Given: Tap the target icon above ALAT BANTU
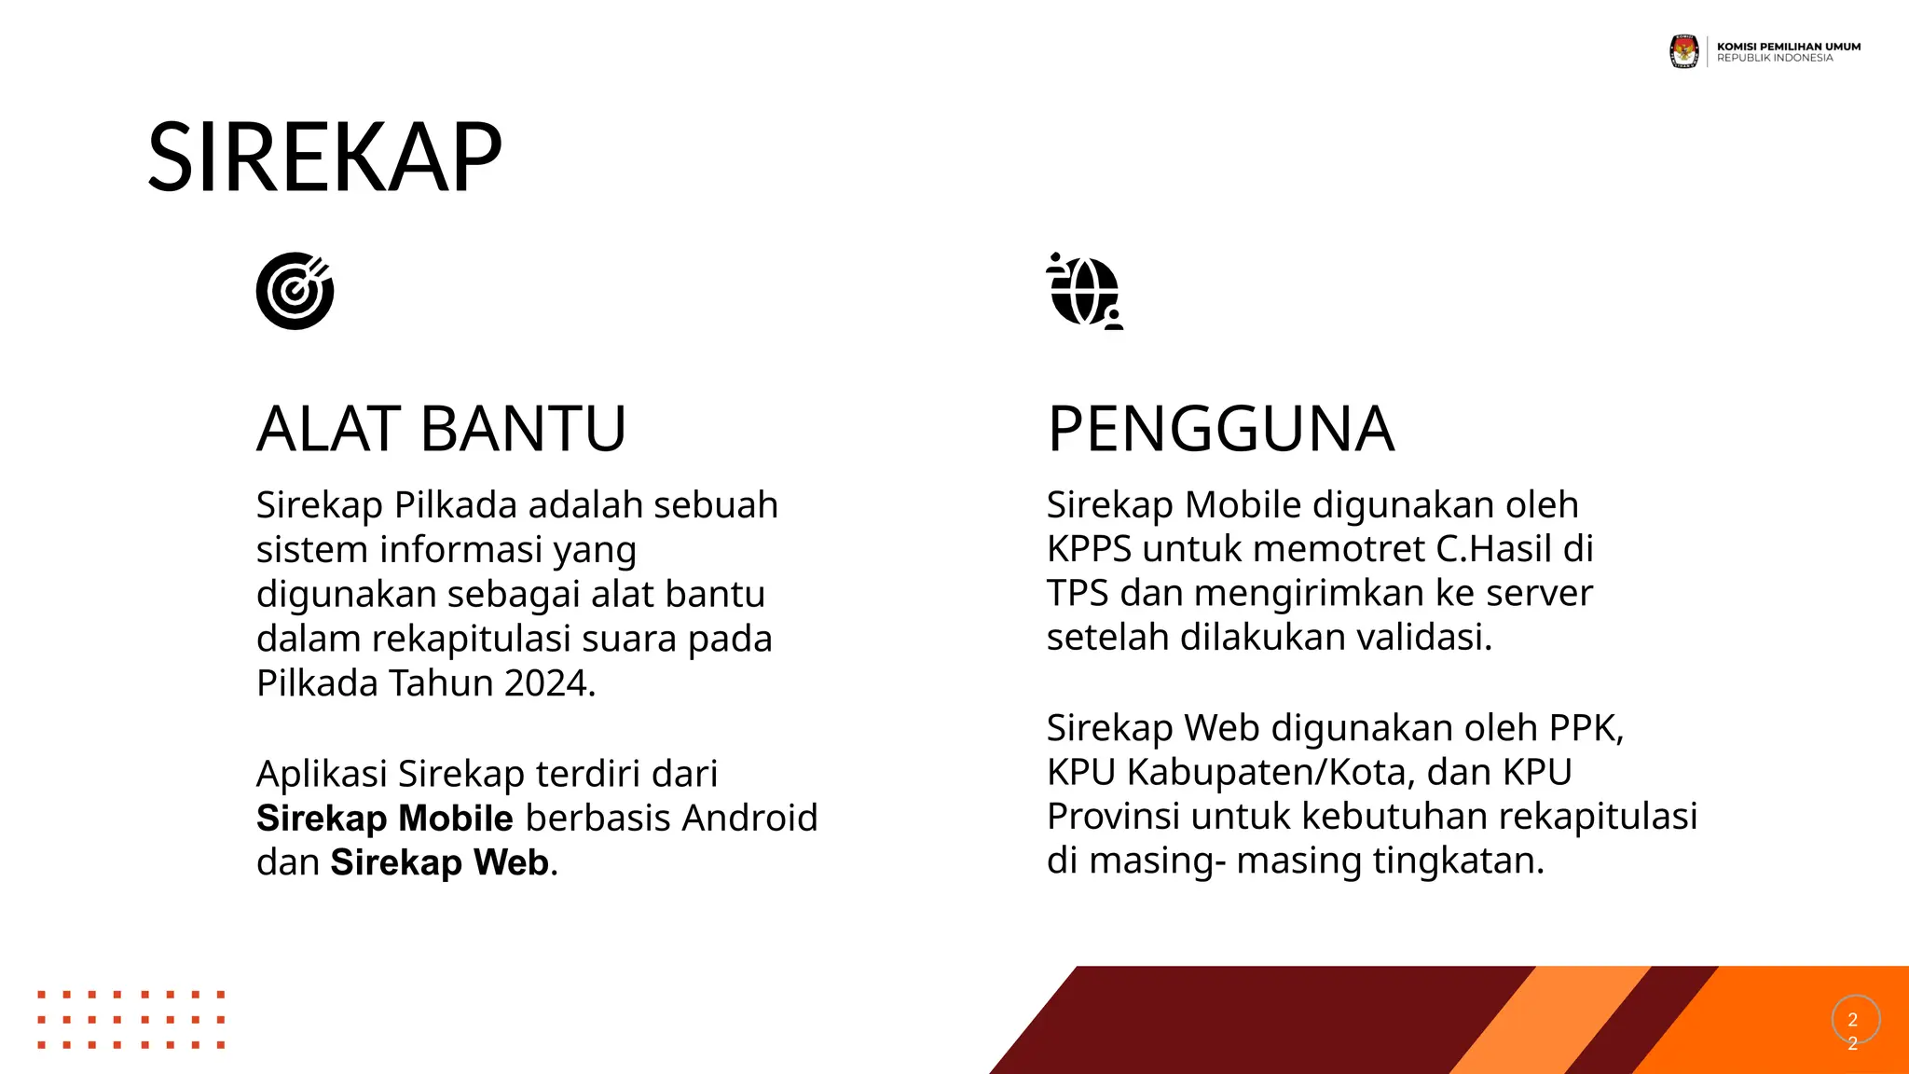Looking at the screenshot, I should click(295, 291).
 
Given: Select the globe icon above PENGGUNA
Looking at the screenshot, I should click(1084, 291).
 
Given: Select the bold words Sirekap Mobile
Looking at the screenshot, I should click(384, 819).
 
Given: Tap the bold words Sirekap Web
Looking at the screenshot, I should click(439, 862).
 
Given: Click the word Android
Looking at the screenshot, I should click(749, 819).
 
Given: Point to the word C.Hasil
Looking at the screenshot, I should click(1493, 549).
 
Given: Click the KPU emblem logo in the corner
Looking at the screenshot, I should click(1683, 51).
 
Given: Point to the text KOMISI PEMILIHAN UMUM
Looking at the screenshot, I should click(1788, 46).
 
